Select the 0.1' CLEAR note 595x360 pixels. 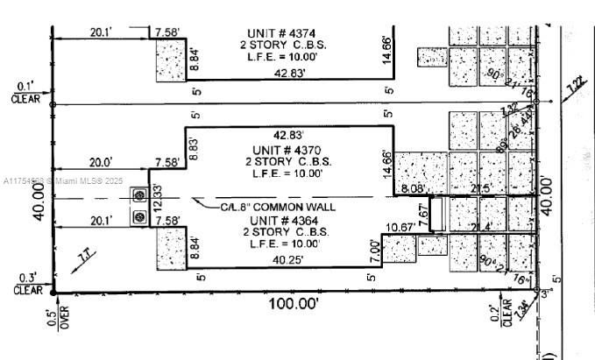(x=25, y=92)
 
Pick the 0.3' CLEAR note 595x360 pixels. (x=25, y=284)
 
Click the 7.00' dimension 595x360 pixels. (x=374, y=249)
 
